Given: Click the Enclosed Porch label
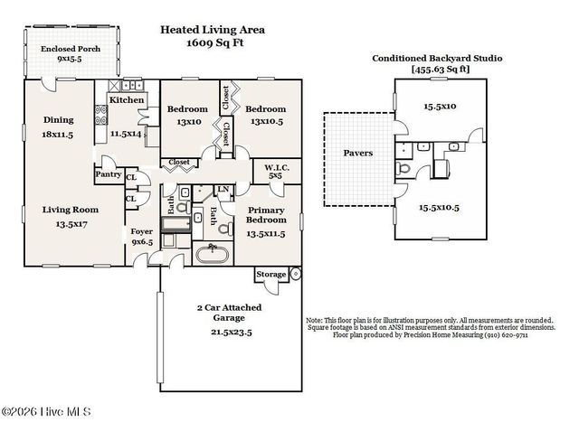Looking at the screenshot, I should pyautogui.click(x=70, y=48).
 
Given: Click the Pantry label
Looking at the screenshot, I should pyautogui.click(x=108, y=174).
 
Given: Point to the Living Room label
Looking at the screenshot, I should pyautogui.click(x=70, y=209).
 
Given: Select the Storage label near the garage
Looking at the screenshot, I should pyautogui.click(x=271, y=274).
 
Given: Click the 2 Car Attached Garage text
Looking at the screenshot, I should pyautogui.click(x=230, y=314).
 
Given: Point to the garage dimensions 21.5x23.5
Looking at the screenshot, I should pyautogui.click(x=230, y=332).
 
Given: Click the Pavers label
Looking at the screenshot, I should pyautogui.click(x=357, y=154).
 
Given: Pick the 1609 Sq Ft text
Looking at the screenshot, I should pyautogui.click(x=214, y=42).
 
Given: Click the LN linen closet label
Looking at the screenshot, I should pyautogui.click(x=223, y=189).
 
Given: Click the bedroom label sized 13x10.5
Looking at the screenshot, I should pyautogui.click(x=267, y=115).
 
